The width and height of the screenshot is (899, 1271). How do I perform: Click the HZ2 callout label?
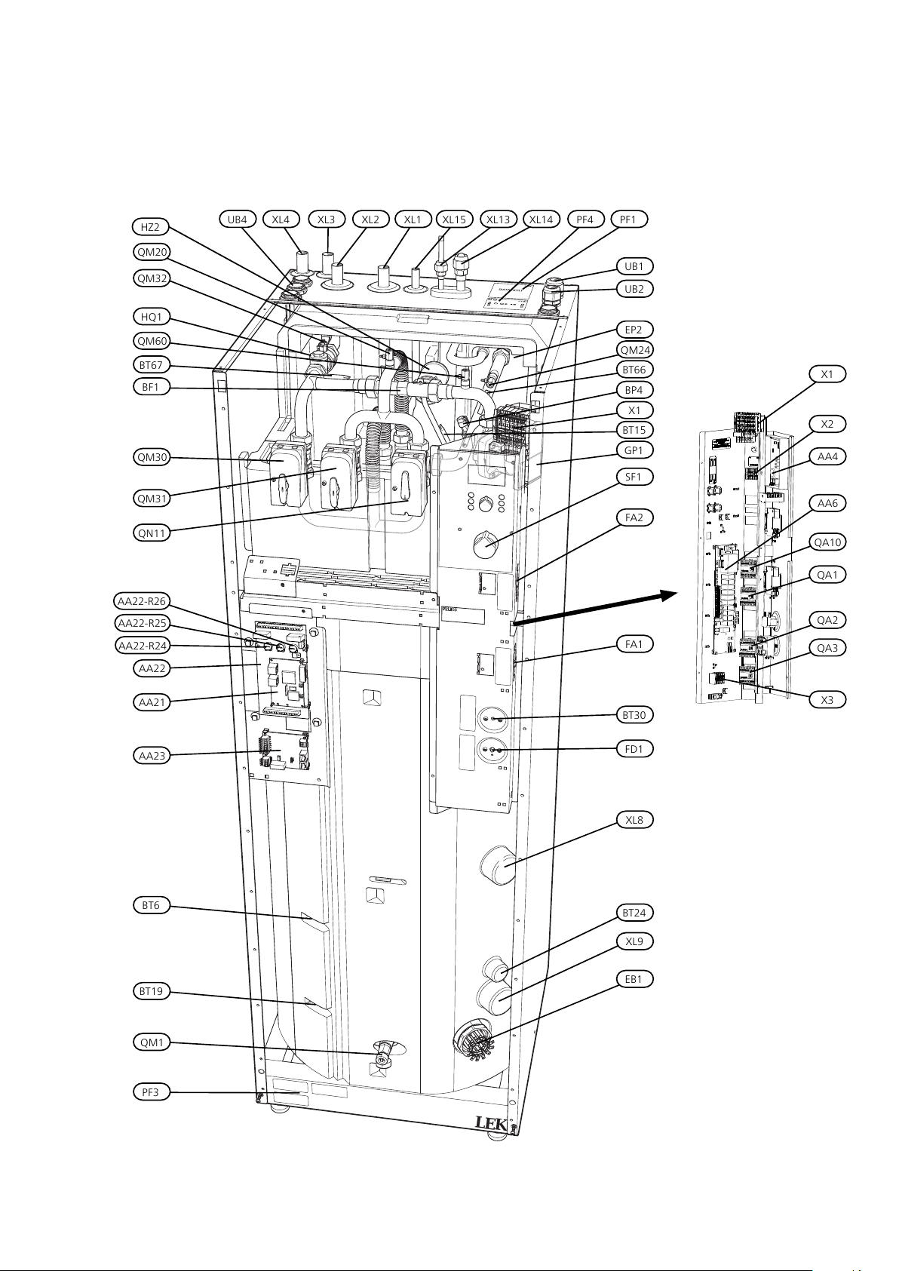coord(151,227)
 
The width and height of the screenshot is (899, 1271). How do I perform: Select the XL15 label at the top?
coord(454,220)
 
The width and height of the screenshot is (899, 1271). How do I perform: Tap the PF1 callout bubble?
coord(628,220)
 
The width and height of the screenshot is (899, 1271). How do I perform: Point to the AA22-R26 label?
coord(142,601)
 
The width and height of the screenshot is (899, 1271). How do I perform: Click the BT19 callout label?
coord(151,991)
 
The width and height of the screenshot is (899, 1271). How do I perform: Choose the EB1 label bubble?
coord(634,979)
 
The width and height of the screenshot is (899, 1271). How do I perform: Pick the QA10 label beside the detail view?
coord(828,542)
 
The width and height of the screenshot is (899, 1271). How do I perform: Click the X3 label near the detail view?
coord(827,699)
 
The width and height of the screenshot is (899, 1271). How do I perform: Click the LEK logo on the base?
coord(492,1122)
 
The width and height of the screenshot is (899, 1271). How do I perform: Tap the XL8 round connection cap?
coord(498,864)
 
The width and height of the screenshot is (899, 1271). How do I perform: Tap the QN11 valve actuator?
coord(408,487)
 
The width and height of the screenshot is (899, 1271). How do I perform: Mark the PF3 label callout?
coord(151,1091)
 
